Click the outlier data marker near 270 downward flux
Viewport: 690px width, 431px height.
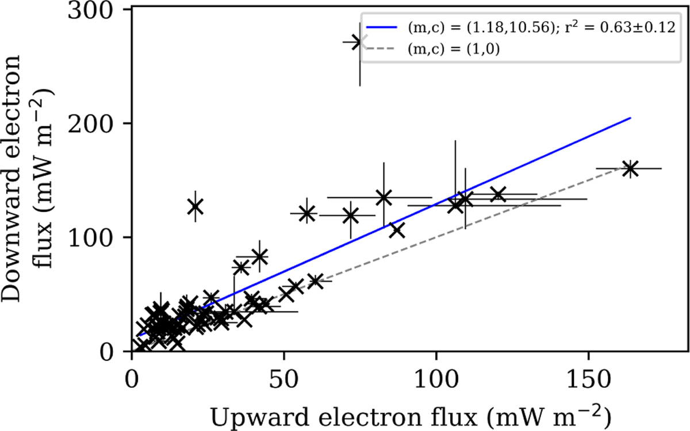click(x=360, y=42)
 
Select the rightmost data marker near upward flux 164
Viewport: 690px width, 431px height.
click(x=630, y=168)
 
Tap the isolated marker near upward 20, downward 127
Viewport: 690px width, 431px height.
click(x=195, y=206)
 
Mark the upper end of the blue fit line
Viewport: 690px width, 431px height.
click(x=630, y=118)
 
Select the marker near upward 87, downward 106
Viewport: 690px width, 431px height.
click(x=396, y=230)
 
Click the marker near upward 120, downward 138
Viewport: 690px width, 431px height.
click(x=497, y=194)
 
